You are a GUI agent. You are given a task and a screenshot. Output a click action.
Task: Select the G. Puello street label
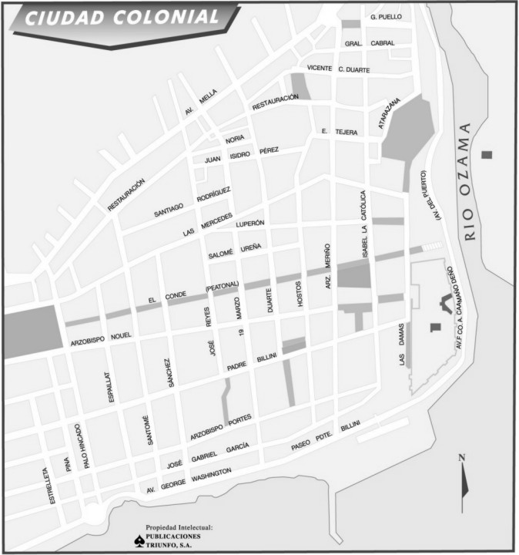pyautogui.click(x=386, y=16)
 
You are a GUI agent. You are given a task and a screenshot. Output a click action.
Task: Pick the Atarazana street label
pyautogui.click(x=389, y=113)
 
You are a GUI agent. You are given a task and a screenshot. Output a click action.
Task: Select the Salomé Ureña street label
pyautogui.click(x=235, y=251)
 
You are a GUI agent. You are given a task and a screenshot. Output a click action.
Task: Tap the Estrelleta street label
pyautogui.click(x=52, y=485)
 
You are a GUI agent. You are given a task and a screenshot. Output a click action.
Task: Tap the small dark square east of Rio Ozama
pyautogui.click(x=486, y=154)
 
